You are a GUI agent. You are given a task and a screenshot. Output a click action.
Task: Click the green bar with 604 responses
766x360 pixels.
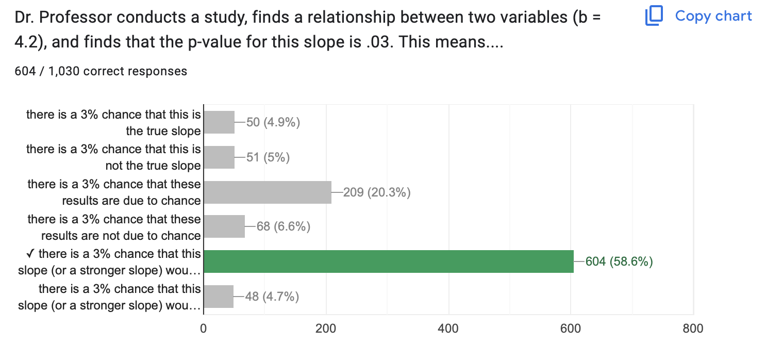point(388,261)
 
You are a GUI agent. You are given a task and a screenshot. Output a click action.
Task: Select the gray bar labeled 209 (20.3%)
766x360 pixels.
point(268,192)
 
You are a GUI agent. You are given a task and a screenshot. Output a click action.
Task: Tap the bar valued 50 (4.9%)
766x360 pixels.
point(219,122)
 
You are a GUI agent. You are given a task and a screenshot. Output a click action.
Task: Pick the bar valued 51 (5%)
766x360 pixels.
point(219,157)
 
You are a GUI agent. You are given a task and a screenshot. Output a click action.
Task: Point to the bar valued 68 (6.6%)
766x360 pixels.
point(224,227)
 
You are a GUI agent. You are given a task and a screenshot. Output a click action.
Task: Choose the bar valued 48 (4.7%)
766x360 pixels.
point(219,297)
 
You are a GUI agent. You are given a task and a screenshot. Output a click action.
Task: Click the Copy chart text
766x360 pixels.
point(713,16)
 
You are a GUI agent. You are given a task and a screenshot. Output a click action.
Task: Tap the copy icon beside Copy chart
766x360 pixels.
point(654,16)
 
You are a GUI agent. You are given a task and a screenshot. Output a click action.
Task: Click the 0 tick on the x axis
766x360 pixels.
point(204,329)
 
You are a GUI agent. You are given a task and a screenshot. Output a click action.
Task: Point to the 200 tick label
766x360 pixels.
point(326,329)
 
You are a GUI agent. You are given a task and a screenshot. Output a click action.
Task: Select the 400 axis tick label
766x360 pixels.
point(448,329)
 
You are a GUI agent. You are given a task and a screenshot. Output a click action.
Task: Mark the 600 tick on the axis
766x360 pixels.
point(571,329)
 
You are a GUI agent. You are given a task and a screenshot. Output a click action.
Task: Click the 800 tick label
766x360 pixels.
point(693,329)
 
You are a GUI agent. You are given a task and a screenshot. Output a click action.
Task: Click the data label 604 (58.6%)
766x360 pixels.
point(619,262)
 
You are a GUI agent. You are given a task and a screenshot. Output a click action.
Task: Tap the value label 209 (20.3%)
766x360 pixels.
point(377,193)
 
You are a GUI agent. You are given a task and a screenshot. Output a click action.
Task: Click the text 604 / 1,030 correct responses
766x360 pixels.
point(101,71)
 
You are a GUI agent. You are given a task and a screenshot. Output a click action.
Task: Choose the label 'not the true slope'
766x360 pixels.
point(153,166)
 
